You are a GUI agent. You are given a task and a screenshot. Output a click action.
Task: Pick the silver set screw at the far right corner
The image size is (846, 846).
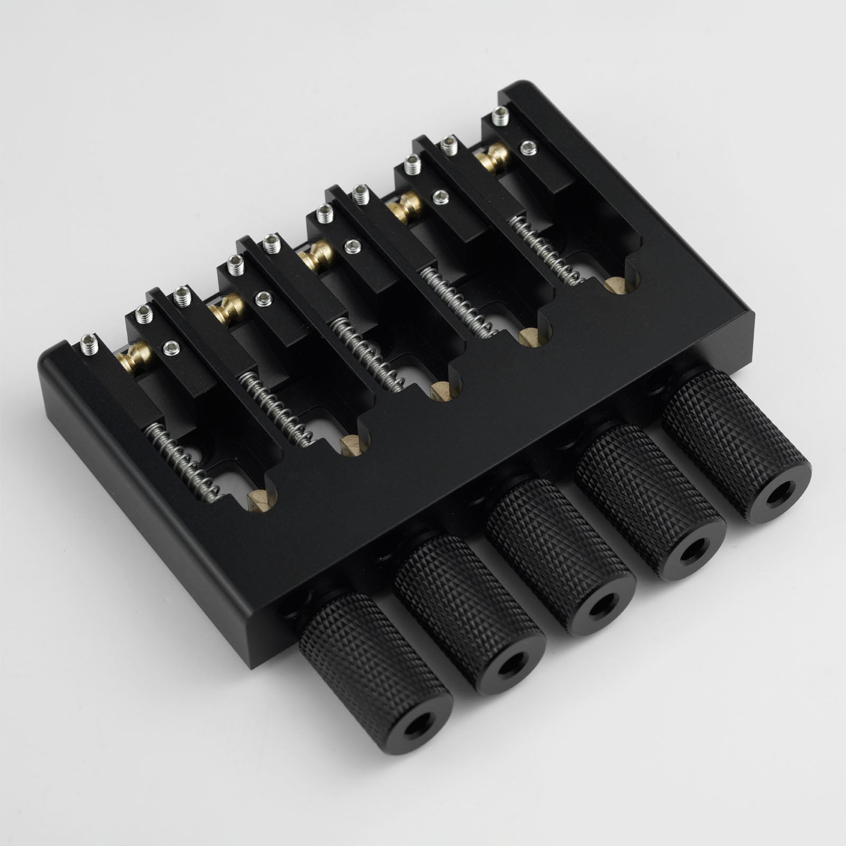(500, 115)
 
